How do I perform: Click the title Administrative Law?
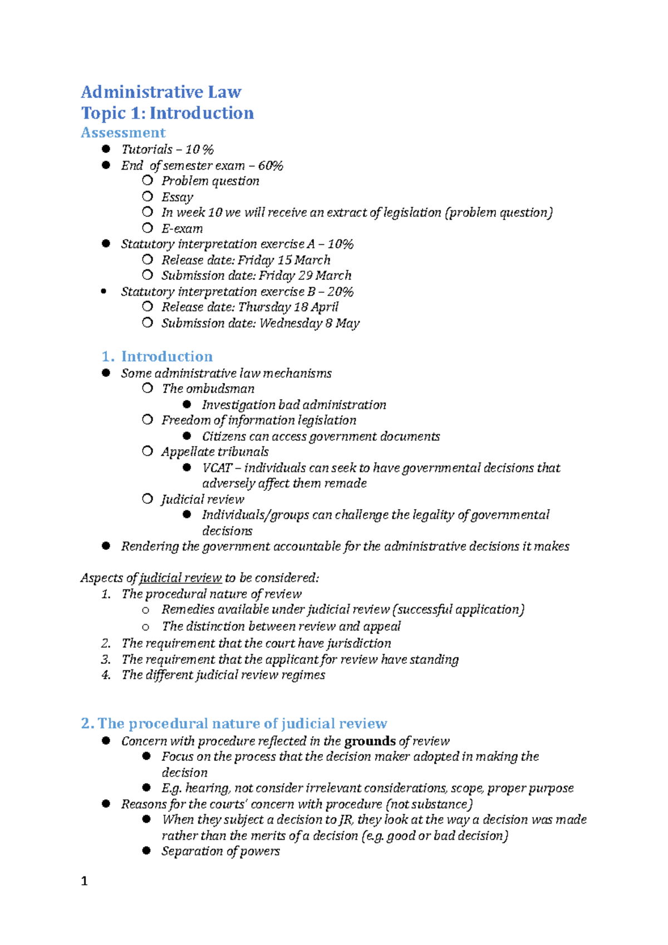161,92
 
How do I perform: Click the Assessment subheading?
123,132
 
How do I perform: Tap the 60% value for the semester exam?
271,166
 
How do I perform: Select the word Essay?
177,197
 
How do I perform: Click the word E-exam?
182,229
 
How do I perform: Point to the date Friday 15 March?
284,260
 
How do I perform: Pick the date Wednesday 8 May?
310,323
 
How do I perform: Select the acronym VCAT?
217,468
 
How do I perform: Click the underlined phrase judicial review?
180,578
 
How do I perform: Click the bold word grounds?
370,741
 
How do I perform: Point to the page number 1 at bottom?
84,881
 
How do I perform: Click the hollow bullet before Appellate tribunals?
147,451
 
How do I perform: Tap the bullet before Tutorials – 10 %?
106,149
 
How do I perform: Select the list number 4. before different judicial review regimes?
106,675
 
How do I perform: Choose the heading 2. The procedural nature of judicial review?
234,723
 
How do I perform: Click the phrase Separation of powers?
220,852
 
